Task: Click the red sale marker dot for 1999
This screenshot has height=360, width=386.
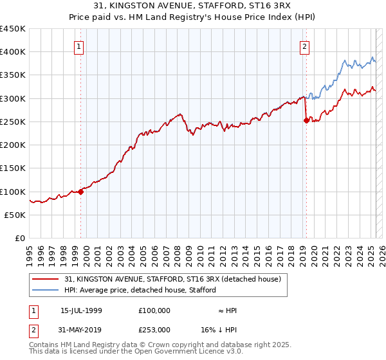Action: (x=81, y=192)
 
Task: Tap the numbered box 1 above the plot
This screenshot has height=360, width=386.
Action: (x=78, y=46)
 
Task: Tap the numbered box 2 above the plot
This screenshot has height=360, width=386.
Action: (x=304, y=46)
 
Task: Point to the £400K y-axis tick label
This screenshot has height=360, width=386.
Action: (x=13, y=52)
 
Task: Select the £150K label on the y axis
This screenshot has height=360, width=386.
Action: (x=13, y=168)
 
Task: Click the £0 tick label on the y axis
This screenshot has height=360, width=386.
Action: (x=20, y=238)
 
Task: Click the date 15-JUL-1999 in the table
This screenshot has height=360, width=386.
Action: (x=81, y=310)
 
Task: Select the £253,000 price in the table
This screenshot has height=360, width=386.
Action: (x=154, y=328)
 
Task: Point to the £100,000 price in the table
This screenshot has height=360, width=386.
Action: (x=154, y=310)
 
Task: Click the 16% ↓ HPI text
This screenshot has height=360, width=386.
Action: (x=219, y=328)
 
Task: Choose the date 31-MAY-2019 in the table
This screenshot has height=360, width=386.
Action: (x=81, y=328)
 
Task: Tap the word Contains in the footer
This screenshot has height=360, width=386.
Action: (x=45, y=345)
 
